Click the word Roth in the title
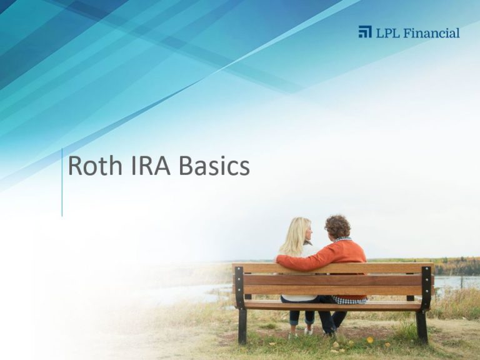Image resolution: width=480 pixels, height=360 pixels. (95, 166)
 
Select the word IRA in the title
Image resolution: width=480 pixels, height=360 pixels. (151, 166)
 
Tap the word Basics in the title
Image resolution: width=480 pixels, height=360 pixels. (214, 166)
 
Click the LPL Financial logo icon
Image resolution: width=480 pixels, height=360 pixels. (365, 32)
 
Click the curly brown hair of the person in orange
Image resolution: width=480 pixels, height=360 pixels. (337, 226)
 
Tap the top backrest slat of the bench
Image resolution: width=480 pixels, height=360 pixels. (333, 268)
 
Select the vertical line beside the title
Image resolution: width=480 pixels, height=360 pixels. (62, 182)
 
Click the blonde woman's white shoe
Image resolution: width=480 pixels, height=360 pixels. (309, 331)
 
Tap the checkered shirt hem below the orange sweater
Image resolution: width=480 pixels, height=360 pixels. (349, 300)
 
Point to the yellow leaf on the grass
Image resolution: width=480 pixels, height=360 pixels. (370, 340)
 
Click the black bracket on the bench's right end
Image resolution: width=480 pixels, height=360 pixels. (426, 287)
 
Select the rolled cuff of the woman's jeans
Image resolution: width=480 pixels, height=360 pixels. (294, 322)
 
